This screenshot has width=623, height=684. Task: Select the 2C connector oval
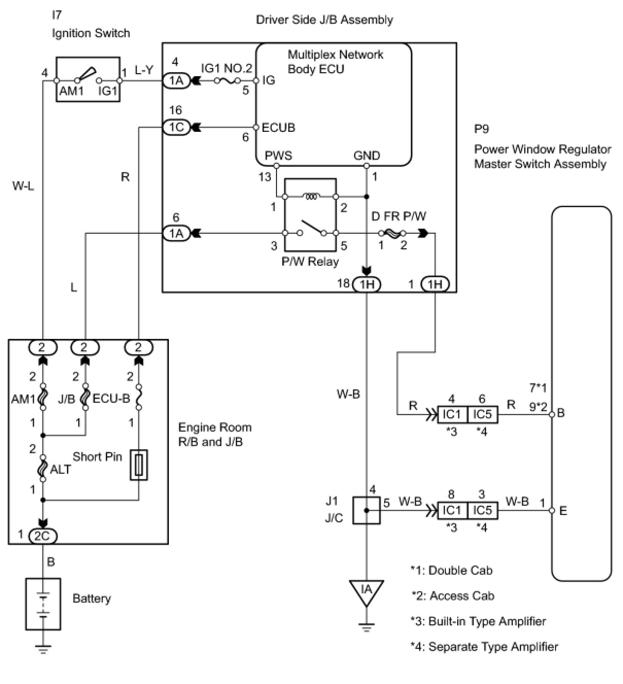pyautogui.click(x=42, y=536)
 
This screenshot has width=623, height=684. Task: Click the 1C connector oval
pyautogui.click(x=176, y=128)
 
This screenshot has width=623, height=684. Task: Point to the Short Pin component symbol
pyautogui.click(x=139, y=465)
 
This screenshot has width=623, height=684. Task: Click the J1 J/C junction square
pyautogui.click(x=367, y=510)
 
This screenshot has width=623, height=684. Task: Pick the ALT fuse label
pyautogui.click(x=60, y=470)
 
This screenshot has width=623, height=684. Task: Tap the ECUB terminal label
pyautogui.click(x=278, y=128)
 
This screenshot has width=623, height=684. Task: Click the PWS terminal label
pyautogui.click(x=278, y=156)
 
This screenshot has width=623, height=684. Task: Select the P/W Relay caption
pyautogui.click(x=310, y=262)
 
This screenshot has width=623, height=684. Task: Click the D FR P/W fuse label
pyautogui.click(x=399, y=216)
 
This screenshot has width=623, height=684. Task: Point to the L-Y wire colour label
pyautogui.click(x=144, y=70)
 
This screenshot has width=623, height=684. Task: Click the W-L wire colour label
pyautogui.click(x=23, y=186)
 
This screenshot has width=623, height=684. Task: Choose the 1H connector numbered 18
pyautogui.click(x=366, y=284)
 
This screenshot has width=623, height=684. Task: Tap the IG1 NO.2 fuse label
pyautogui.click(x=227, y=68)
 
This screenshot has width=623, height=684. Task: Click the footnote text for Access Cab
pyautogui.click(x=453, y=596)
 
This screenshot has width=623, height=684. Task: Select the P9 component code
pyautogui.click(x=481, y=129)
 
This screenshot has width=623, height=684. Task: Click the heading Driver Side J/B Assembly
pyautogui.click(x=324, y=20)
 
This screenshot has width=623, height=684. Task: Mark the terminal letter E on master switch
pyautogui.click(x=563, y=511)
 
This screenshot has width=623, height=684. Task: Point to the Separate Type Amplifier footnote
pyautogui.click(x=484, y=646)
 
